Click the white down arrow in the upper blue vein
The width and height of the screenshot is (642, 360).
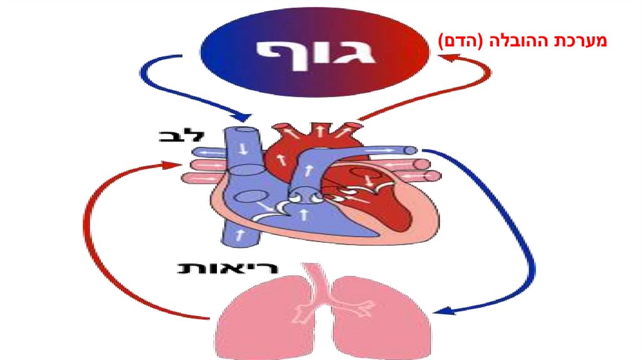click(242, 151)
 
